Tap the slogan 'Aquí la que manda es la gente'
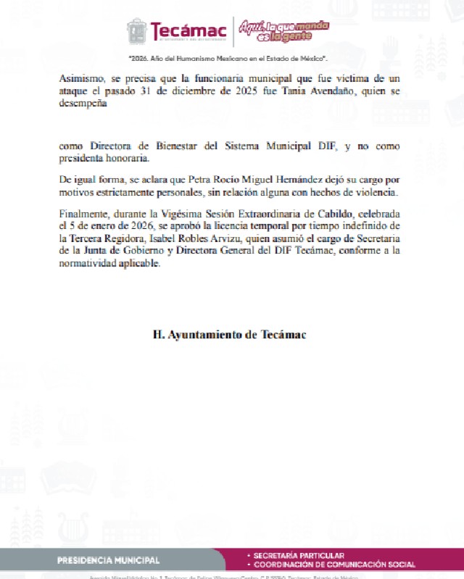click(283, 30)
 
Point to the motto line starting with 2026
click(228, 57)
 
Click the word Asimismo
click(85, 78)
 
